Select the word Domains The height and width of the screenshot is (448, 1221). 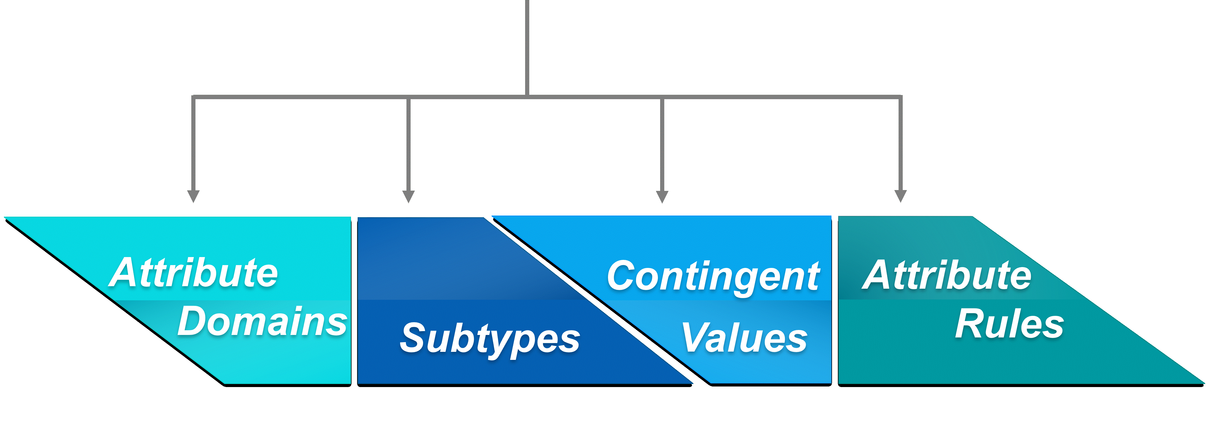[262, 322]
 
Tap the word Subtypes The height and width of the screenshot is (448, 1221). [490, 339]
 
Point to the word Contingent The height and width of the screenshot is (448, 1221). [713, 277]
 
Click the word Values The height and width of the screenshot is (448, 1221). [744, 338]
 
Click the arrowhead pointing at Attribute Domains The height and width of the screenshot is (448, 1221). [194, 196]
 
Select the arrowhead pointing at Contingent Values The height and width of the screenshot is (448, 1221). [662, 196]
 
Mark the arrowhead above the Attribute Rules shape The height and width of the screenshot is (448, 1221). [901, 196]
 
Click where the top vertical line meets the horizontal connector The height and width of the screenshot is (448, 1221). [527, 97]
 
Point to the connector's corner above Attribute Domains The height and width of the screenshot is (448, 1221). [194, 97]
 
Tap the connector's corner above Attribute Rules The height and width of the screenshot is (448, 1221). [901, 97]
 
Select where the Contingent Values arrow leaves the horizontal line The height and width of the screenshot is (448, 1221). [662, 97]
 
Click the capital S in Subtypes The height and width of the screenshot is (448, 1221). [415, 338]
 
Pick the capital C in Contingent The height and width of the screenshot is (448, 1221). [623, 276]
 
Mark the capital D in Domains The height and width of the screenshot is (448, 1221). [194, 321]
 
